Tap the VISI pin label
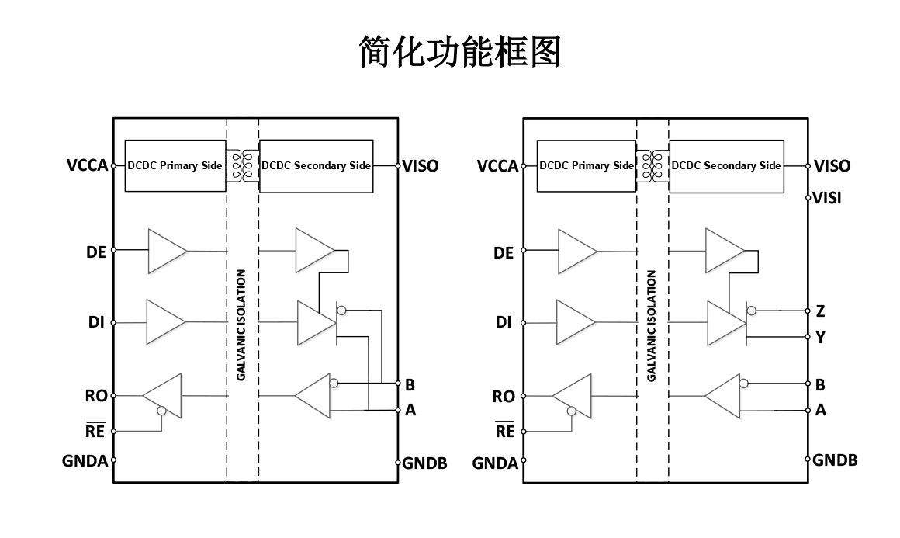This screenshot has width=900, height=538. pos(827,198)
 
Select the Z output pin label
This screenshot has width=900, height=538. pos(820,311)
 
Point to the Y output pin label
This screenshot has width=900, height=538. pos(820,338)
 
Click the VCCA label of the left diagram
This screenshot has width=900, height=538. pos(87,165)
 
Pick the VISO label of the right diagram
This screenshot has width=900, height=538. pos(832,165)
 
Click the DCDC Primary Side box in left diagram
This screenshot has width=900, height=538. pos(175,165)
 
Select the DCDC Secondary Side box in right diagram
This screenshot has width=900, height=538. pos(726,165)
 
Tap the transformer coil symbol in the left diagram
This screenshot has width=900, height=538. pos(242,165)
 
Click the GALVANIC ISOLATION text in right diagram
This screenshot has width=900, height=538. pos(652,325)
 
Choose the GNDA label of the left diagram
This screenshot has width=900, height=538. pos(85,461)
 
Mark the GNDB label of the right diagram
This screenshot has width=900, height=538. pos(836,460)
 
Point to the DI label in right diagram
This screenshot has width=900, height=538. pos(504,322)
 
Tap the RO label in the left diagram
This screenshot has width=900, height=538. pos(96,397)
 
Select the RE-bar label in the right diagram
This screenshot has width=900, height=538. pos(504,432)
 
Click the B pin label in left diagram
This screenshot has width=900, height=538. pos(410,384)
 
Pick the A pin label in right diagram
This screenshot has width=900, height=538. pos(820,411)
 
